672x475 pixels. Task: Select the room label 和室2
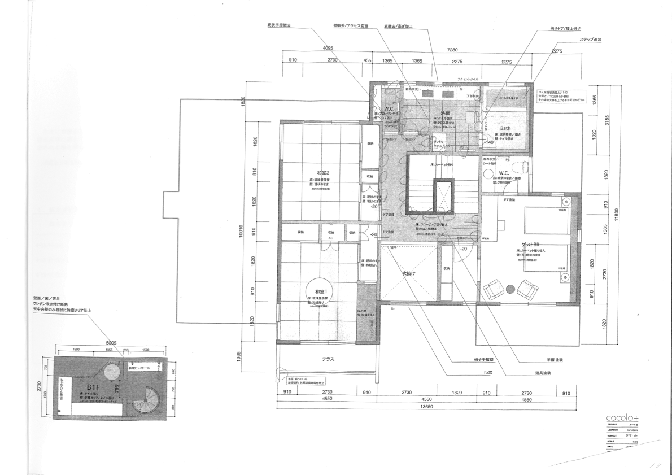(x=323, y=172)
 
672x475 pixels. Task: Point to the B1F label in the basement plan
(x=93, y=386)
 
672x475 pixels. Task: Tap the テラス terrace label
(x=330, y=359)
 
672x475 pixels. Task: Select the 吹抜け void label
(x=409, y=273)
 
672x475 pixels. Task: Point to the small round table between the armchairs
(x=510, y=289)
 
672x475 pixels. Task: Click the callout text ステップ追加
(x=590, y=40)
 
